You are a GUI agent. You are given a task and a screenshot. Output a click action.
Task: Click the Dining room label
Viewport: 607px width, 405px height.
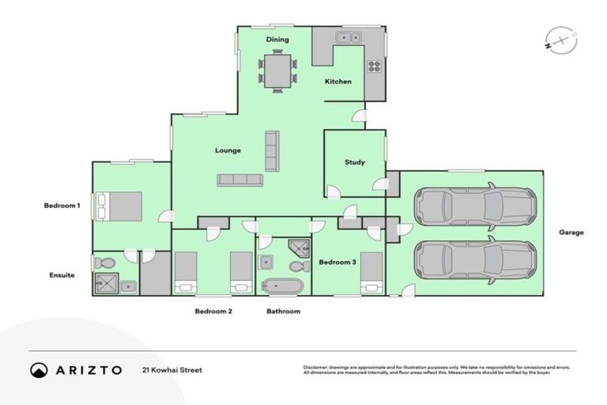click(277, 40)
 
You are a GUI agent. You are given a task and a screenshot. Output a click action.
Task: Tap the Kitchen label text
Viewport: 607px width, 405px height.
click(337, 81)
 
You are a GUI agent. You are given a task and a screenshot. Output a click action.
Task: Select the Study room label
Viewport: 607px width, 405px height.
click(355, 163)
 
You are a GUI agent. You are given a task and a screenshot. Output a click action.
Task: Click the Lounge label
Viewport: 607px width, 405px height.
click(228, 150)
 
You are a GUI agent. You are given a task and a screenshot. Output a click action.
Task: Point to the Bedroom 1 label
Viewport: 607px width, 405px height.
click(62, 206)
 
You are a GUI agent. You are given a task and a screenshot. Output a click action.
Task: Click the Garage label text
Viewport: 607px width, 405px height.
click(571, 233)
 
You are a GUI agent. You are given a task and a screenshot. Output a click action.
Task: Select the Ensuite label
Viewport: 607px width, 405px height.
click(62, 275)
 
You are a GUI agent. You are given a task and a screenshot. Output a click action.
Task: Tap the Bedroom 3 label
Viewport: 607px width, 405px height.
click(337, 262)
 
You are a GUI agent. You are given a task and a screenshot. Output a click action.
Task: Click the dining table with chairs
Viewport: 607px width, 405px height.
click(277, 72)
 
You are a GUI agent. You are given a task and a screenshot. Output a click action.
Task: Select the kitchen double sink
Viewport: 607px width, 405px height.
click(348, 37)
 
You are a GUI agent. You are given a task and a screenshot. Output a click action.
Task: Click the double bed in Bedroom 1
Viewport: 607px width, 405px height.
click(119, 206)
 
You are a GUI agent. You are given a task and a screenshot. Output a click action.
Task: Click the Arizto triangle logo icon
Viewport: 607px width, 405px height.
click(39, 370)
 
